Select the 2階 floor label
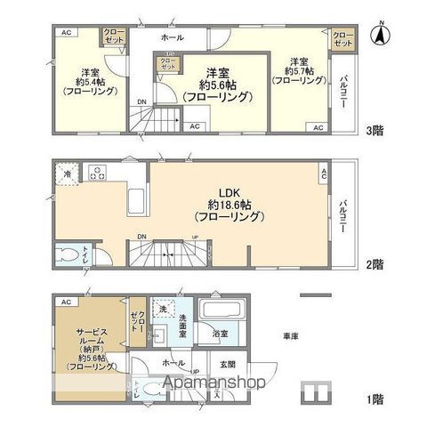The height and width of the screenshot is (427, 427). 375,264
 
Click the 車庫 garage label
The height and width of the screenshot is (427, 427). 290,336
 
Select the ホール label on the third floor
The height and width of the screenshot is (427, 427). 172,39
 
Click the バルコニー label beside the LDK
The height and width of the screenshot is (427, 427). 342,214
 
